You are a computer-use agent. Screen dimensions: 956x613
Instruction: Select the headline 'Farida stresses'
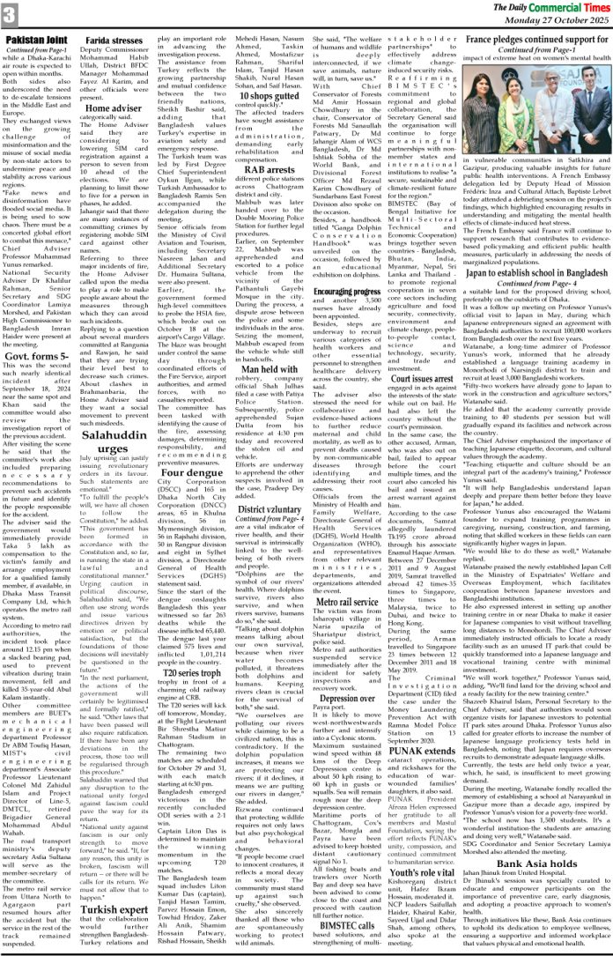pyautogui.click(x=117, y=41)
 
